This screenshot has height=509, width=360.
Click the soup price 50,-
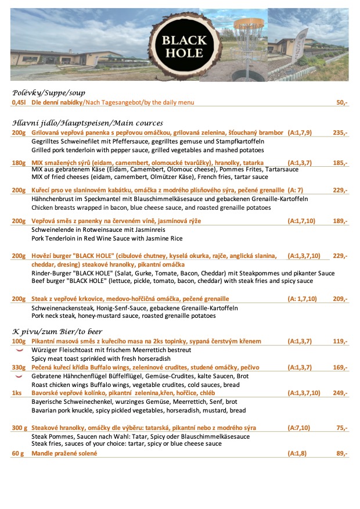tap(341, 102)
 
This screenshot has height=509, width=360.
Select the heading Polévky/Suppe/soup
tap(48, 92)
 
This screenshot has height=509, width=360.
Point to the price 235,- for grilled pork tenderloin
tap(340, 133)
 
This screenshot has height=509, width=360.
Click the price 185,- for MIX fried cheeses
tap(340, 163)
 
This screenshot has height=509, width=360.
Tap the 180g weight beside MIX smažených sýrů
tap(19, 163)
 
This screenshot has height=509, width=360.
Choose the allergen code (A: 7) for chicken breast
tap(299, 190)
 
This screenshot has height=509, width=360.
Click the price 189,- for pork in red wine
tap(340, 221)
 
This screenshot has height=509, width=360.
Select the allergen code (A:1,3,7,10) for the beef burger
tap(304, 256)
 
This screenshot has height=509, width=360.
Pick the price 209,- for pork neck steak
tap(340, 299)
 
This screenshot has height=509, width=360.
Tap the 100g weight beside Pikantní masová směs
tap(19, 341)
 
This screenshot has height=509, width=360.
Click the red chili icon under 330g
tap(19, 377)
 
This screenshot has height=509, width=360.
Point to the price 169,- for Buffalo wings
tap(340, 367)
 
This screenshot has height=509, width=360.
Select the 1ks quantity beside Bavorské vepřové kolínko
tap(17, 393)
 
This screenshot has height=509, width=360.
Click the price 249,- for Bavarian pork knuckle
tap(340, 393)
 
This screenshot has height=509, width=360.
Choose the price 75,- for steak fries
tap(341, 428)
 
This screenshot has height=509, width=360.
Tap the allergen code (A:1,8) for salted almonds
tap(297, 453)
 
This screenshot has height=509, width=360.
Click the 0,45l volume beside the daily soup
tap(20, 102)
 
